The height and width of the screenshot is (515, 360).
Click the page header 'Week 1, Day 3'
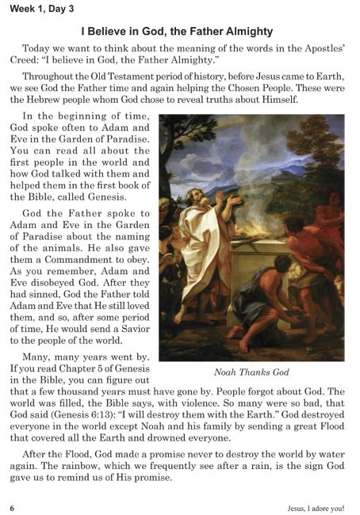33,11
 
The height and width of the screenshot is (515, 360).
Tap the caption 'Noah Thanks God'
251,372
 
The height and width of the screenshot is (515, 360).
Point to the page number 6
12,505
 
